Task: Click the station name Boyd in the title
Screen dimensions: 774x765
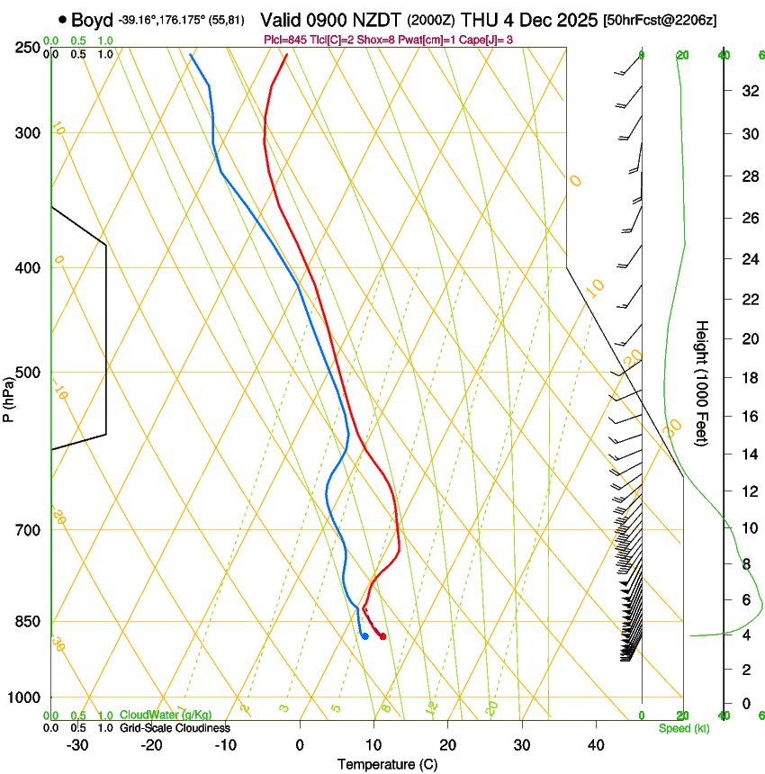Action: tap(90, 19)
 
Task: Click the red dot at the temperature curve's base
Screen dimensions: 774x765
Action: tap(382, 636)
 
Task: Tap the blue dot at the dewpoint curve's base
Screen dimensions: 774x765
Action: tap(364, 636)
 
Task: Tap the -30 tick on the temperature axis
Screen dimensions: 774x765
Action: tap(77, 744)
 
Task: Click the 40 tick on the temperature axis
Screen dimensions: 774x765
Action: tap(595, 744)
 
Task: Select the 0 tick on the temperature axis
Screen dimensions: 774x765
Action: tap(300, 744)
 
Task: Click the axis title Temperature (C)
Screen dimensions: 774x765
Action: tap(387, 764)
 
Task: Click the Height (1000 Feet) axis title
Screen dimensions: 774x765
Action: tap(702, 382)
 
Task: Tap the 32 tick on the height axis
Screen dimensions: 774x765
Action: tap(747, 90)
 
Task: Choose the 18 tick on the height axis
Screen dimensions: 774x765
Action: tap(747, 378)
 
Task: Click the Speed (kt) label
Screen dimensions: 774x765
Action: tap(683, 728)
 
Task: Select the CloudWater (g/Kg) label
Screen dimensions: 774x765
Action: tap(166, 715)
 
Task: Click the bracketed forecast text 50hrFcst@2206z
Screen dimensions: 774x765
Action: tap(660, 20)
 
